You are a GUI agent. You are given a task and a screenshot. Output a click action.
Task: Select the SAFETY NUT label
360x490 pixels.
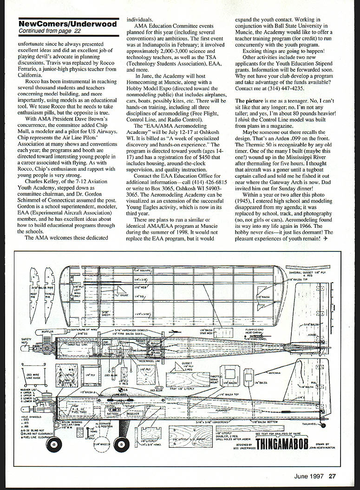[x=26, y=342]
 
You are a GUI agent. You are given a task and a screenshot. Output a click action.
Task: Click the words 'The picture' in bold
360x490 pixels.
[x=249, y=100]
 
